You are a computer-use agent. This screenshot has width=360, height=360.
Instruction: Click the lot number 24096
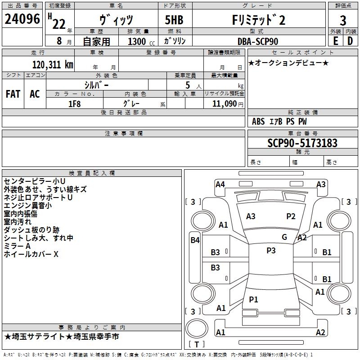pyautogui.click(x=22, y=19)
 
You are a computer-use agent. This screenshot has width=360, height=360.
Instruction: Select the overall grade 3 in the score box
pyautogui.click(x=343, y=20)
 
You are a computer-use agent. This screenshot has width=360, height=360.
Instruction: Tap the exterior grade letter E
pyautogui.click(x=335, y=41)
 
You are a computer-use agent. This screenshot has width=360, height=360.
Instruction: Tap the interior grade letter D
pyautogui.click(x=350, y=41)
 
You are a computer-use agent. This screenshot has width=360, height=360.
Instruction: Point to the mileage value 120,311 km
pyautogui.click(x=53, y=65)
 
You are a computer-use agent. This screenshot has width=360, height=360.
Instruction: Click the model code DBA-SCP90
pyautogui.click(x=258, y=41)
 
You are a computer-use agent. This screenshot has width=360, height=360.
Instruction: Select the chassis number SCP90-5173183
pyautogui.click(x=302, y=143)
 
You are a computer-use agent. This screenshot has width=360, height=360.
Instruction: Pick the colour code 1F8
pyautogui.click(x=75, y=104)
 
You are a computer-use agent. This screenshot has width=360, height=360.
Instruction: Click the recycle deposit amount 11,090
pyautogui.click(x=224, y=104)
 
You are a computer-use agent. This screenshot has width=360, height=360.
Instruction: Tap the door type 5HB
pyautogui.click(x=174, y=20)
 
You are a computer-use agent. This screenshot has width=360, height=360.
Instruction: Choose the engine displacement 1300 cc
pyautogui.click(x=141, y=42)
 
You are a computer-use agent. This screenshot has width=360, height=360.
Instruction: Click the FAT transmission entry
pyautogui.click(x=13, y=94)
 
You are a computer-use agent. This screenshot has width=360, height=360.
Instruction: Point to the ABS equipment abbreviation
pyautogui.click(x=258, y=121)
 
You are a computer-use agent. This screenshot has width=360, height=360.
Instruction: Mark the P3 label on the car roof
pyautogui.click(x=271, y=251)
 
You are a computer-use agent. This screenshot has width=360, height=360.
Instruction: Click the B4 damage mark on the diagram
pyautogui.click(x=195, y=240)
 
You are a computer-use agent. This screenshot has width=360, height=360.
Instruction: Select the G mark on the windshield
pyautogui.click(x=284, y=237)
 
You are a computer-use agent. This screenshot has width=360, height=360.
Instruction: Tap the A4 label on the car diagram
pyautogui.click(x=220, y=184)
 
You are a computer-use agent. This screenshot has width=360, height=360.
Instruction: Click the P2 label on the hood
pyautogui.click(x=291, y=216)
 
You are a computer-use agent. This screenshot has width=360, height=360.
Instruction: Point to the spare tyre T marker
pyautogui.click(x=197, y=344)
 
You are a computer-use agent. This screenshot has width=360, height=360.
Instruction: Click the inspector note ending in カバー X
pyautogui.click(x=31, y=254)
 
